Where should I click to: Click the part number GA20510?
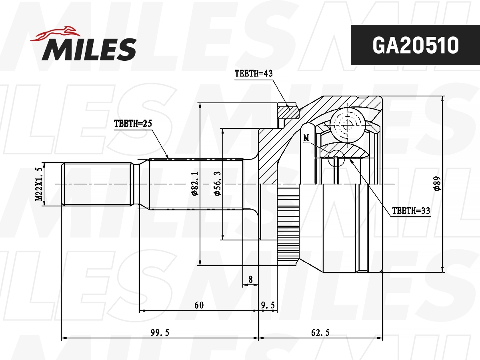coord(415,45)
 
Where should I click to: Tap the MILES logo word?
coord(90,49)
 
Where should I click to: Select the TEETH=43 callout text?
coord(253,74)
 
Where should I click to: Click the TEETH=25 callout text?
coord(133,124)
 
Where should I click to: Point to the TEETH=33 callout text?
coord(411,211)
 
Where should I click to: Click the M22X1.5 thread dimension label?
coord(39,184)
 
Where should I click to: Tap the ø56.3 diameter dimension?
coord(218,184)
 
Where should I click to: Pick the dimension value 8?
coord(250,280)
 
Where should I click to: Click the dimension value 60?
coord(199,305)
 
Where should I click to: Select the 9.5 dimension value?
coord(268,305)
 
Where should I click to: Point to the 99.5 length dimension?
coord(160,333)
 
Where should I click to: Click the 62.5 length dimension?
coord(320,333)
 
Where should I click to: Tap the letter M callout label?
coord(306,138)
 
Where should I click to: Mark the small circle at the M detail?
coord(336,159)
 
